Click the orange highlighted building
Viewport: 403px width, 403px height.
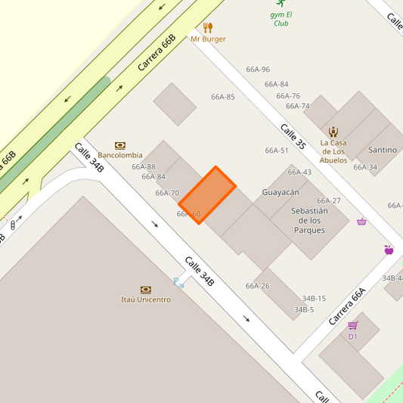pos(207,196)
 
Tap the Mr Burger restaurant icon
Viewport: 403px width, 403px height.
pos(208,28)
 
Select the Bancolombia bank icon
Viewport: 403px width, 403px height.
pos(120,145)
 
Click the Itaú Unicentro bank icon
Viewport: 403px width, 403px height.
pos(146,290)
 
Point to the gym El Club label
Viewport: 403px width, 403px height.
pos(282,18)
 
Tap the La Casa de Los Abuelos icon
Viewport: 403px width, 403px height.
pos(333,132)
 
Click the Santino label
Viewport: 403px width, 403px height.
pos(382,150)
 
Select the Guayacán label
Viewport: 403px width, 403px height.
pos(281,192)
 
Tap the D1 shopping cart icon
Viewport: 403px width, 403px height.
pos(352,325)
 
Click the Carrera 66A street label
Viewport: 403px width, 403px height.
pos(347,306)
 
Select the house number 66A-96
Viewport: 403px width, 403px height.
pos(258,70)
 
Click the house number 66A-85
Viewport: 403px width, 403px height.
pos(223,97)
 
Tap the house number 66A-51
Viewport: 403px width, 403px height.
pos(277,150)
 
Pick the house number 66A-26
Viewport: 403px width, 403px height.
pos(257,286)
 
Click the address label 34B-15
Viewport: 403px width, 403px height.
pos(314,299)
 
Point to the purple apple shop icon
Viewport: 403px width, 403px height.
pos(389,250)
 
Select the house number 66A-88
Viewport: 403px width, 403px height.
pos(144,167)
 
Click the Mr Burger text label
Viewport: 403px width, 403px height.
pos(208,39)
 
